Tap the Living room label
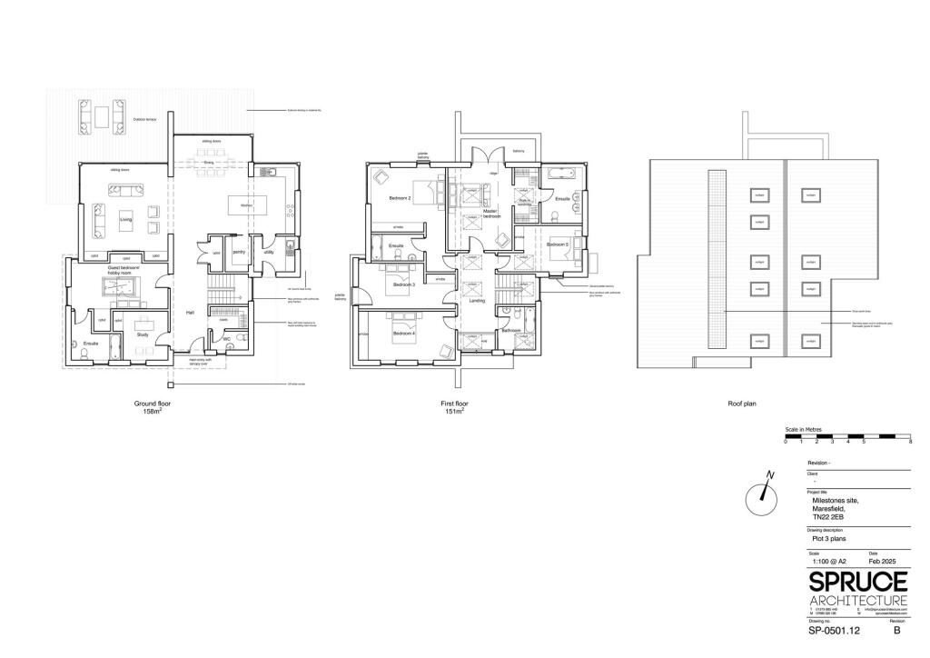point(126,218)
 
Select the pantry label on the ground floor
point(240,253)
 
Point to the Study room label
point(143,335)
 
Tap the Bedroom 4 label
point(404,334)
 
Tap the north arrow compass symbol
point(762,495)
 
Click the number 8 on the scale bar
point(909,441)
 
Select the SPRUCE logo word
point(857,583)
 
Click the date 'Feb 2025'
point(883,562)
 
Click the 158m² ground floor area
point(152,411)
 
